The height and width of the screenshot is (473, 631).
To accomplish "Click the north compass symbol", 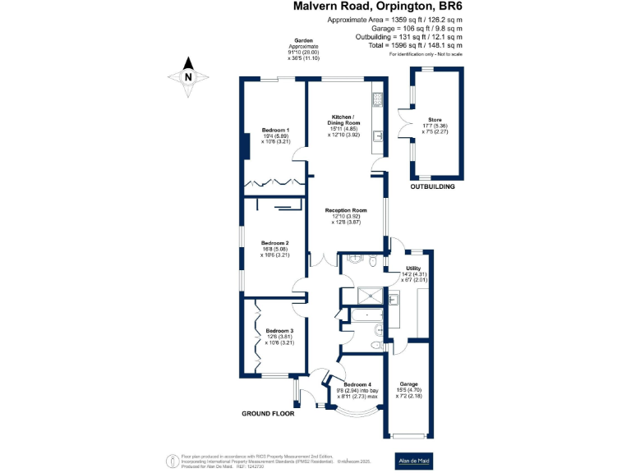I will click(188, 76).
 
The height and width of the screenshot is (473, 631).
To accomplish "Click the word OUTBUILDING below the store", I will click(433, 186).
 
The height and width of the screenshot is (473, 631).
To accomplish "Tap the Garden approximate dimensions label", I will click(303, 49).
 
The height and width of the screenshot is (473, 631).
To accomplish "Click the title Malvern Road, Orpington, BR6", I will click(377, 7).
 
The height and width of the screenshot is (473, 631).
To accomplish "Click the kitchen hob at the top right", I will click(378, 101).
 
